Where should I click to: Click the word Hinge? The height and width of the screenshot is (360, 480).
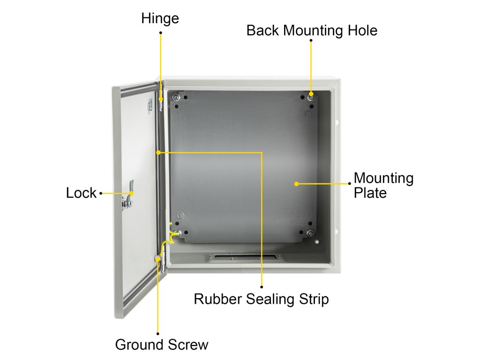(x=160, y=18)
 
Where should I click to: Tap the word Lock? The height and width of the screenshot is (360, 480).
(x=81, y=193)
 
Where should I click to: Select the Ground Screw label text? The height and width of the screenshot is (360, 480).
(x=161, y=345)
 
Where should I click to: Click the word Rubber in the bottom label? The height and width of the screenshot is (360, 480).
(x=217, y=299)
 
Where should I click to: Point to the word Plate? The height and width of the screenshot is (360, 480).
(x=370, y=193)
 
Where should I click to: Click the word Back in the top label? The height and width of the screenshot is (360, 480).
(x=263, y=30)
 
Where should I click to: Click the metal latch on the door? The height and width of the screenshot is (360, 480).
(x=127, y=195)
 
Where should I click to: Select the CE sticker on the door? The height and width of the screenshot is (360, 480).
(x=150, y=106)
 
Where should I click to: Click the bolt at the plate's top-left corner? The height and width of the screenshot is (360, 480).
(x=176, y=97)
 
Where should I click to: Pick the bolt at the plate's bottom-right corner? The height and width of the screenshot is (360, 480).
(x=310, y=234)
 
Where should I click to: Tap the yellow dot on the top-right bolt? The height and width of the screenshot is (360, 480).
(x=311, y=94)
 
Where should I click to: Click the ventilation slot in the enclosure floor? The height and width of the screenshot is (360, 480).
(x=245, y=257)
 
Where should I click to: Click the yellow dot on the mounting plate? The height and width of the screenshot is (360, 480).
(x=296, y=183)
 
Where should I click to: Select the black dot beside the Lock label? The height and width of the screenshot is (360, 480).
(x=101, y=193)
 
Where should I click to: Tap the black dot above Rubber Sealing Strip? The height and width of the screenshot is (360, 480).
(x=262, y=286)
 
